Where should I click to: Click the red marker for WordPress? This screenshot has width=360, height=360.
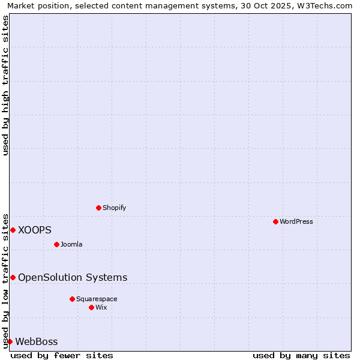click(275, 221)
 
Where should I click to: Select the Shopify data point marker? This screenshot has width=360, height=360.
click(98, 208)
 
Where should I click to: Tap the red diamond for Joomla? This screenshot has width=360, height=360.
click(56, 244)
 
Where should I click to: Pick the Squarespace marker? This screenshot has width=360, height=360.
click(72, 299)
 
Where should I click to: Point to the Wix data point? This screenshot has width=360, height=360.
click(91, 307)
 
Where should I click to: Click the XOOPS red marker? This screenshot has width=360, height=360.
click(13, 230)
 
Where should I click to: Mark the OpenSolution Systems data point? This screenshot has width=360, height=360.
click(13, 277)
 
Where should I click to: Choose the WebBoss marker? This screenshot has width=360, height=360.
click(10, 341)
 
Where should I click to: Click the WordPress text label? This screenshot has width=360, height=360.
click(296, 221)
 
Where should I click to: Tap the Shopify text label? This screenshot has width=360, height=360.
click(114, 208)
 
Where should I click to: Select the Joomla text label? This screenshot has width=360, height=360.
click(71, 244)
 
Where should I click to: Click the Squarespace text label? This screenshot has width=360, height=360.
click(97, 299)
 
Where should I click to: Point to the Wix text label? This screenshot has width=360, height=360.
click(101, 307)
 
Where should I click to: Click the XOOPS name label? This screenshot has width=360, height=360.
click(35, 230)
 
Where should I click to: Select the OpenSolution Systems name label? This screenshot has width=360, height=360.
click(73, 277)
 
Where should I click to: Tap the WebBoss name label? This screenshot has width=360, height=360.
click(37, 342)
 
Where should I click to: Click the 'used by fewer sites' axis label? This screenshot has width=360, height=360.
click(62, 355)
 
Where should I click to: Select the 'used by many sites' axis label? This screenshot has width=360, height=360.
click(301, 355)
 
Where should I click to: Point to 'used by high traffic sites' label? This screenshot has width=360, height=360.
click(5, 85)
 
